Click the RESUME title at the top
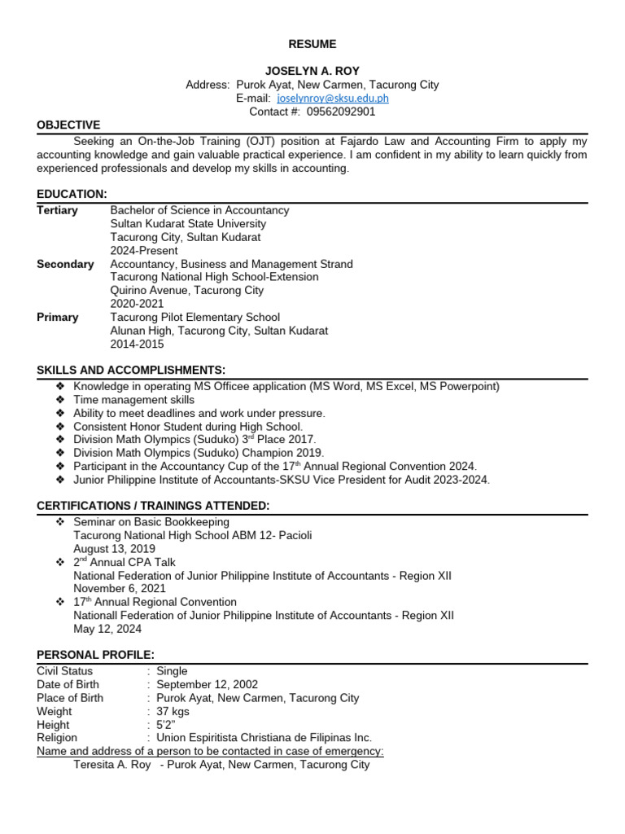[312, 44]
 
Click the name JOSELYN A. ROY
[312, 71]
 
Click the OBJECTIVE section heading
[68, 125]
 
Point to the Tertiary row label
[58, 210]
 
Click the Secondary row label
[65, 264]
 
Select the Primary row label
[58, 317]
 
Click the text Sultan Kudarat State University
[188, 223]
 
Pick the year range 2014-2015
[137, 344]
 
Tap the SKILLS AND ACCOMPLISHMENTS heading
[131, 371]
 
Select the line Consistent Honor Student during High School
[188, 427]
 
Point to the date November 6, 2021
[120, 588]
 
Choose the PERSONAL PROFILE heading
[95, 655]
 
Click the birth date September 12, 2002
[207, 684]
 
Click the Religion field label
[58, 738]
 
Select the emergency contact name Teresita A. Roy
[111, 765]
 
